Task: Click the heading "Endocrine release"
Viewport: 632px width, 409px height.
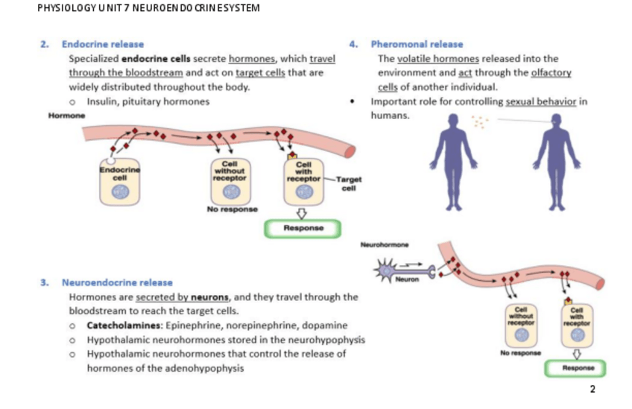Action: (x=103, y=45)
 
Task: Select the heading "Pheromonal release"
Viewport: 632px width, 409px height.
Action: (x=417, y=45)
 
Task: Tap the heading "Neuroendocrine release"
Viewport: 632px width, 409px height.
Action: (x=117, y=282)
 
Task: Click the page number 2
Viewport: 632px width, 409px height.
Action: (x=592, y=389)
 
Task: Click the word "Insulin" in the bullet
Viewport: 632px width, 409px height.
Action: (x=102, y=101)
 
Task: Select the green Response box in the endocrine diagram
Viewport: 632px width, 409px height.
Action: (x=302, y=229)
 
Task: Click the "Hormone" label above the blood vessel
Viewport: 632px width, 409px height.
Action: (x=67, y=115)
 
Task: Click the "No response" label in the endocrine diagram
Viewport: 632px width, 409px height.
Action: (x=232, y=209)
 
